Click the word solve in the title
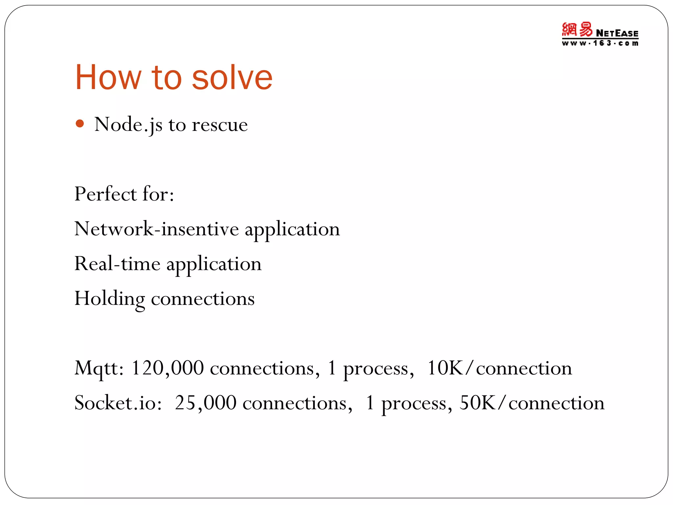232,78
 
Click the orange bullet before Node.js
80,124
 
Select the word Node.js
128,125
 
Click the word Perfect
105,194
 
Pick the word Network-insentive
156,229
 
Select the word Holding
109,299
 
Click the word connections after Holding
202,299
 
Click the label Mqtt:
99,368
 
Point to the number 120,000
167,368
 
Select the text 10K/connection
499,368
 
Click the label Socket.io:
118,403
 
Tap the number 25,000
205,403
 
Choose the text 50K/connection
532,403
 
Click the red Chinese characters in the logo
577,30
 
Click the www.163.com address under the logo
600,43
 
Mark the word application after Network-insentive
292,229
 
